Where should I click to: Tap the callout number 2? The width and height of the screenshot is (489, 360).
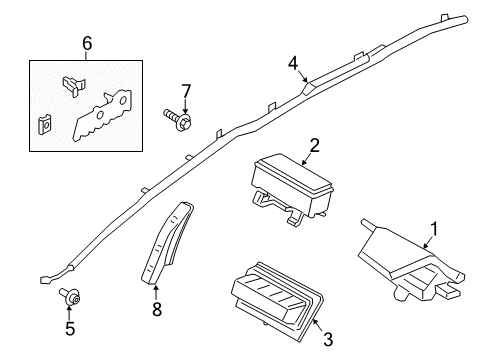tap(314, 146)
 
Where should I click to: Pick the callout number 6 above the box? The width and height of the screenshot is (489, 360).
tap(86, 44)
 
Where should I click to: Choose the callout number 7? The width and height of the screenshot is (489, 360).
tap(184, 93)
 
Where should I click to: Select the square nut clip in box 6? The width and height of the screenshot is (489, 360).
tap(44, 125)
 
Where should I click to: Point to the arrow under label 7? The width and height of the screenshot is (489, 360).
tap(184, 108)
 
